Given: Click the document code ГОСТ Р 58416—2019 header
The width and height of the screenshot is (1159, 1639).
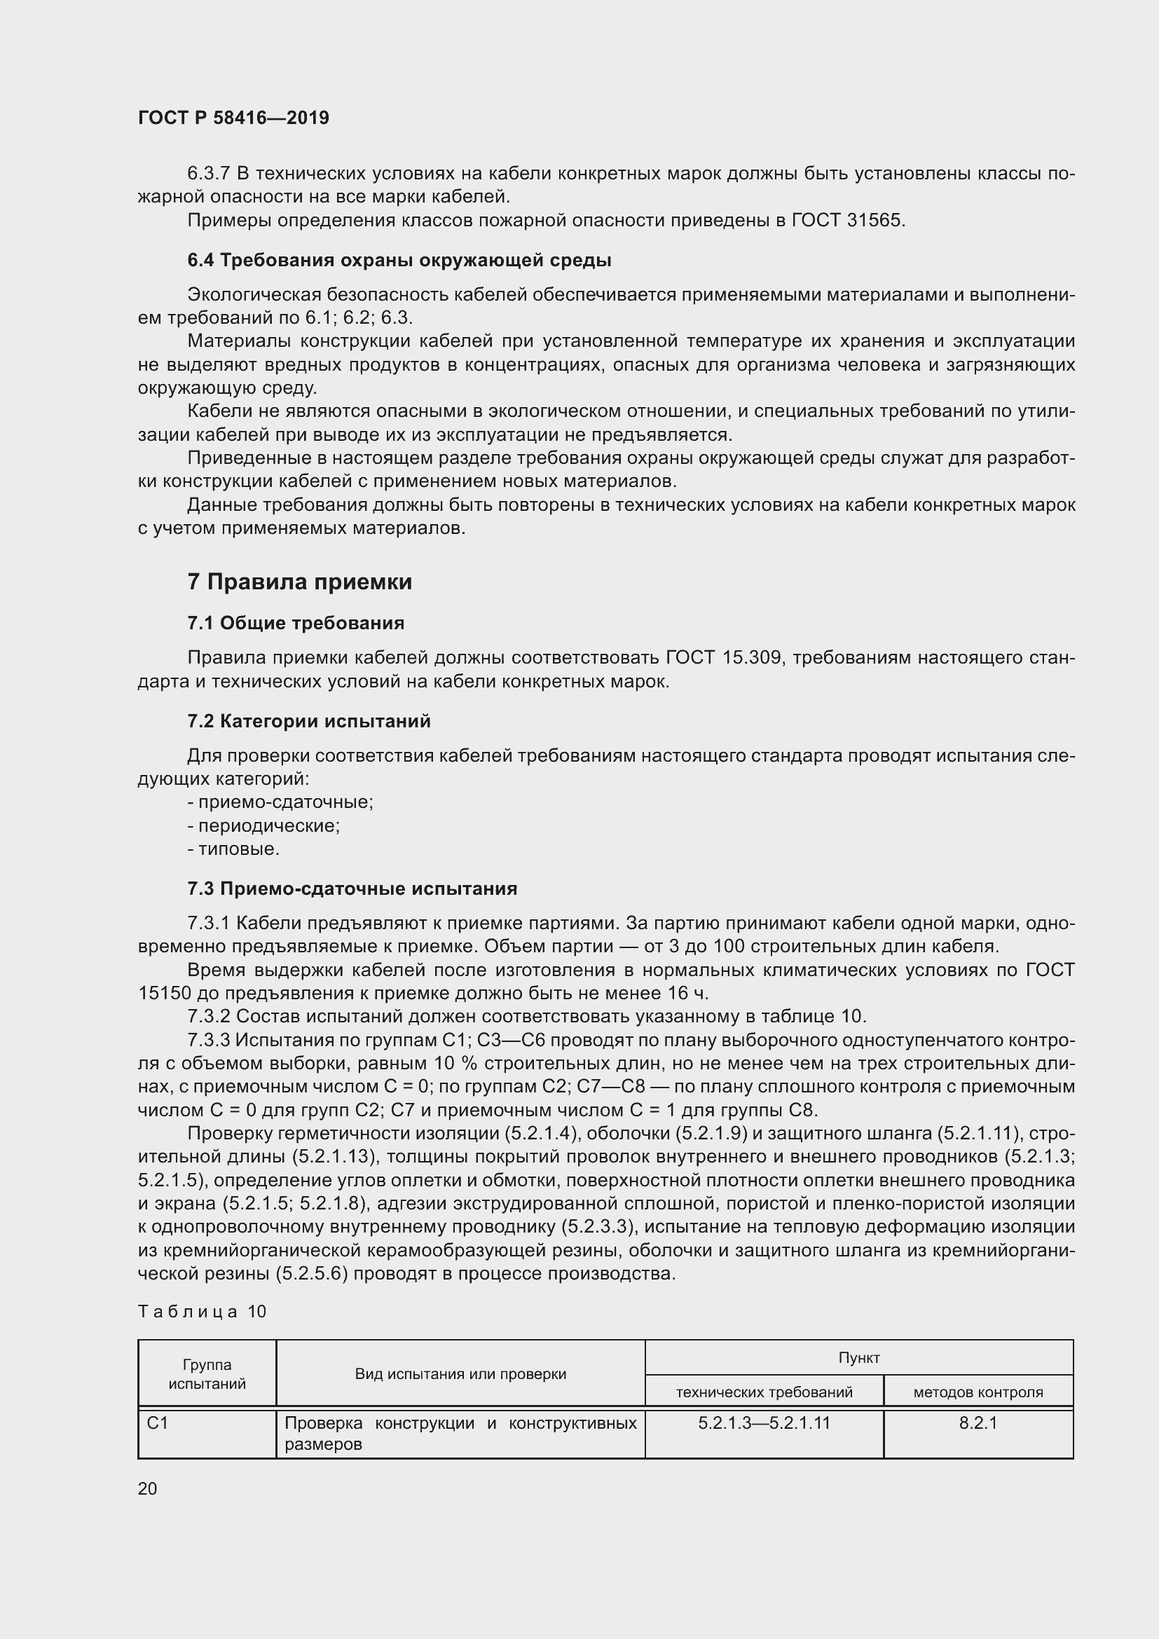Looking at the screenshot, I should (233, 118).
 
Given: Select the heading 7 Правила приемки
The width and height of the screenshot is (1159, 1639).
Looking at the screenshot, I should (300, 582).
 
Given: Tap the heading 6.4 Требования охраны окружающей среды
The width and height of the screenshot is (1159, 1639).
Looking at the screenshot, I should (399, 261).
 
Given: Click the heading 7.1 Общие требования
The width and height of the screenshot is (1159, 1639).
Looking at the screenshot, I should (296, 623).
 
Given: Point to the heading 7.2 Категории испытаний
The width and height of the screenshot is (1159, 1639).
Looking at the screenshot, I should (309, 721).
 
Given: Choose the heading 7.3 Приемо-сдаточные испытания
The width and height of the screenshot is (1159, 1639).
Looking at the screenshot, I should (352, 889).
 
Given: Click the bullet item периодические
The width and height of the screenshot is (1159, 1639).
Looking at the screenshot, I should (264, 826).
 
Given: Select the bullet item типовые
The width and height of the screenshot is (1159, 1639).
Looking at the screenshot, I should (234, 849).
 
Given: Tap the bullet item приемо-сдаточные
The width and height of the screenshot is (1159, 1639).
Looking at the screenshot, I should (280, 802).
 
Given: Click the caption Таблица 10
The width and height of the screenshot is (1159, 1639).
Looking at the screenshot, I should (202, 1311).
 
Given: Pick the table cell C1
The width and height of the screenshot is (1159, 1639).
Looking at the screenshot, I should (158, 1423).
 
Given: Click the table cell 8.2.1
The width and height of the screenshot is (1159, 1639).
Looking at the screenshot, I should (978, 1423).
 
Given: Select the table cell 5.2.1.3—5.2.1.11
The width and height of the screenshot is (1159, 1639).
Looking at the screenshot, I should (764, 1423).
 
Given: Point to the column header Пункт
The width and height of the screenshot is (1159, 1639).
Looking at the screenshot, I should (858, 1358).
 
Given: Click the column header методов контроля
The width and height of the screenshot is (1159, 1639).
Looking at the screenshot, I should (978, 1392).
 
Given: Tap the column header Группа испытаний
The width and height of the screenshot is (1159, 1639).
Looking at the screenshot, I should (207, 1374).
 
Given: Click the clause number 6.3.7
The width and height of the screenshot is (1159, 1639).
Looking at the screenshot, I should (208, 174).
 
